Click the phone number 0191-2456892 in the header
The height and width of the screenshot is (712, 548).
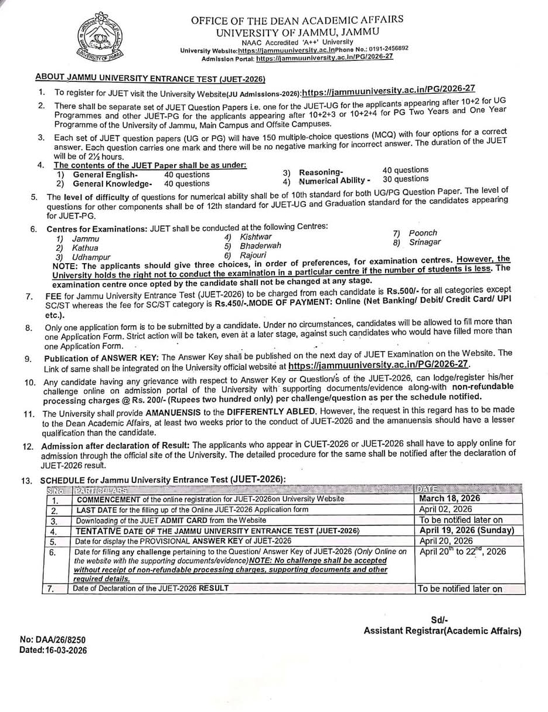point(385,49)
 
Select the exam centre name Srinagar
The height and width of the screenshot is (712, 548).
point(425,242)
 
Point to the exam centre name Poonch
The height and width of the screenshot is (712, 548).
point(423,233)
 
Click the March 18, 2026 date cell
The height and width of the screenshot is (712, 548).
point(450,498)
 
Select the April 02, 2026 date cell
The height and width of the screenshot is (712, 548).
point(445,509)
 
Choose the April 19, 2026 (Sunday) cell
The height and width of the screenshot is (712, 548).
point(467,530)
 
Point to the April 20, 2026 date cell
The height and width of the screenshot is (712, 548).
point(445,541)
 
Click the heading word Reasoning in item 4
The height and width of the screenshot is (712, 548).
point(321,172)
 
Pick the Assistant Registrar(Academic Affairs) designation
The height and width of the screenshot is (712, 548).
point(442,631)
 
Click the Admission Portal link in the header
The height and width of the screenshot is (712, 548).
point(325,57)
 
